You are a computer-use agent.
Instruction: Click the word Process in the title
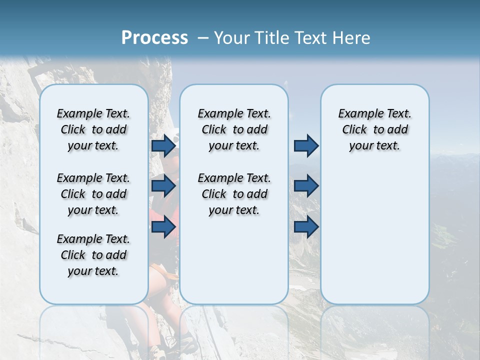154,38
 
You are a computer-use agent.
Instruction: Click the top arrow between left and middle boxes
163,145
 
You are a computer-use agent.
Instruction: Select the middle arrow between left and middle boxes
163,186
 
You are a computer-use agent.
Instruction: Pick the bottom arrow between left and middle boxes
163,226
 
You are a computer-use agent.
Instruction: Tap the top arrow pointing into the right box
306,145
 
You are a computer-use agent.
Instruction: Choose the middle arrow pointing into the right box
306,186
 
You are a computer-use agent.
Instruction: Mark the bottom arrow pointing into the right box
306,226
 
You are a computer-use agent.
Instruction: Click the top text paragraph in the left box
93,129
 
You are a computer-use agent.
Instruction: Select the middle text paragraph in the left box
93,194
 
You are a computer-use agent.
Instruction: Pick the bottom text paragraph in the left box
93,255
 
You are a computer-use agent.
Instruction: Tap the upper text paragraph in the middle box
234,129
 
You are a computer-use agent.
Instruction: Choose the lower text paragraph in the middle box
234,194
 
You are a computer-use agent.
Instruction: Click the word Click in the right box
354,129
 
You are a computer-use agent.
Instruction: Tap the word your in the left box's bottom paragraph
78,271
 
